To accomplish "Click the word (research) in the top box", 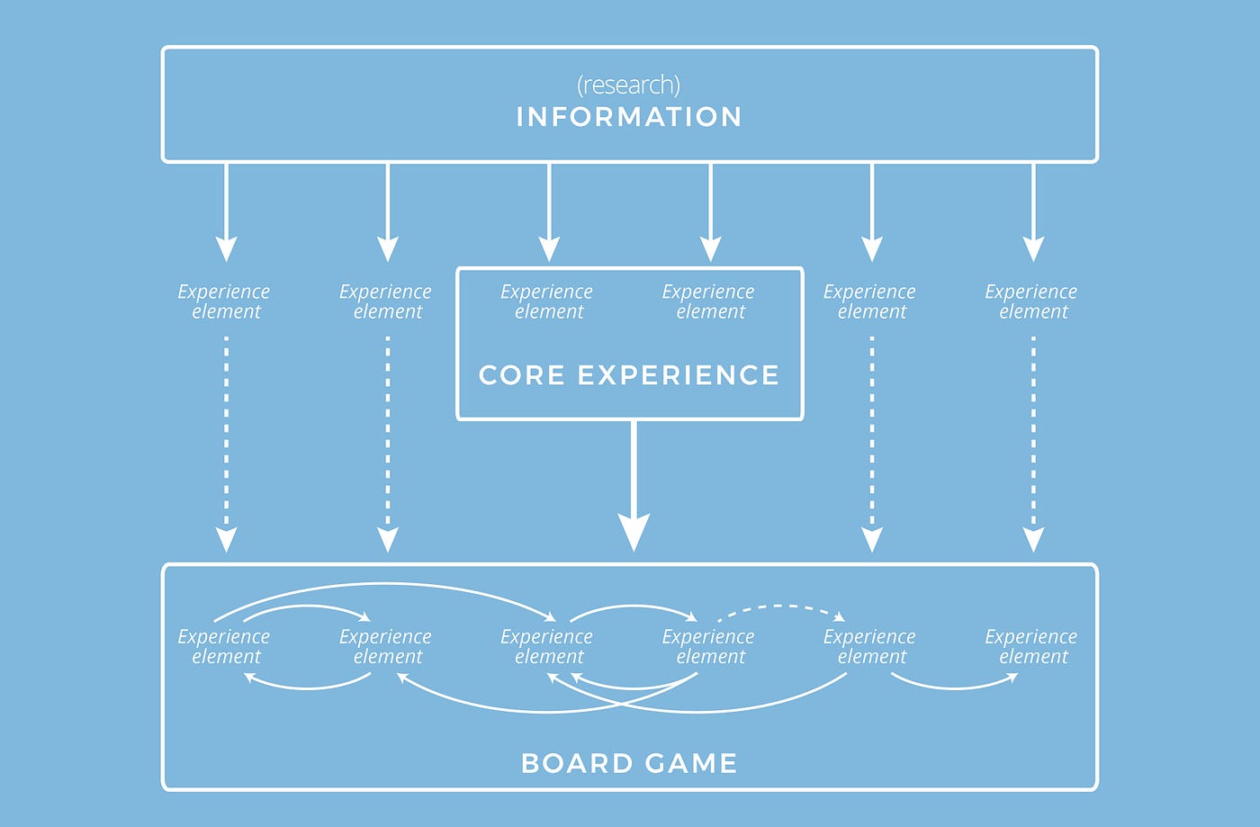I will coord(628,85).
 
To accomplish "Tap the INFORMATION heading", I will coord(628,117).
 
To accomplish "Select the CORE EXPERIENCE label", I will coord(628,374).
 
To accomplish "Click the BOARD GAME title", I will coord(628,763).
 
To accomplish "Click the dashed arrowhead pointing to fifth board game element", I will coord(839,617).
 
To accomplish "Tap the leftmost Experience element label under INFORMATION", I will coord(224,301).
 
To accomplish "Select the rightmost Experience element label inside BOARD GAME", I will coord(1031,646).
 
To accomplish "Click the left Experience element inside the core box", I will coord(547,301).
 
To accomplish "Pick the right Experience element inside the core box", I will coord(709,301).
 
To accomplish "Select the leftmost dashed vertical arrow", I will coord(226,441).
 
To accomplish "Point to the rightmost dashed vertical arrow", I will coord(1033,441).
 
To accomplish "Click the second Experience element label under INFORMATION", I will coord(386,301).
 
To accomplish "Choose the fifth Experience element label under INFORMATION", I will coord(870,301).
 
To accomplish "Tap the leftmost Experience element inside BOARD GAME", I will coord(224,646).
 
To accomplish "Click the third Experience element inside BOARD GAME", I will coord(547,646).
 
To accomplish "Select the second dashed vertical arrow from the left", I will coord(388,441).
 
